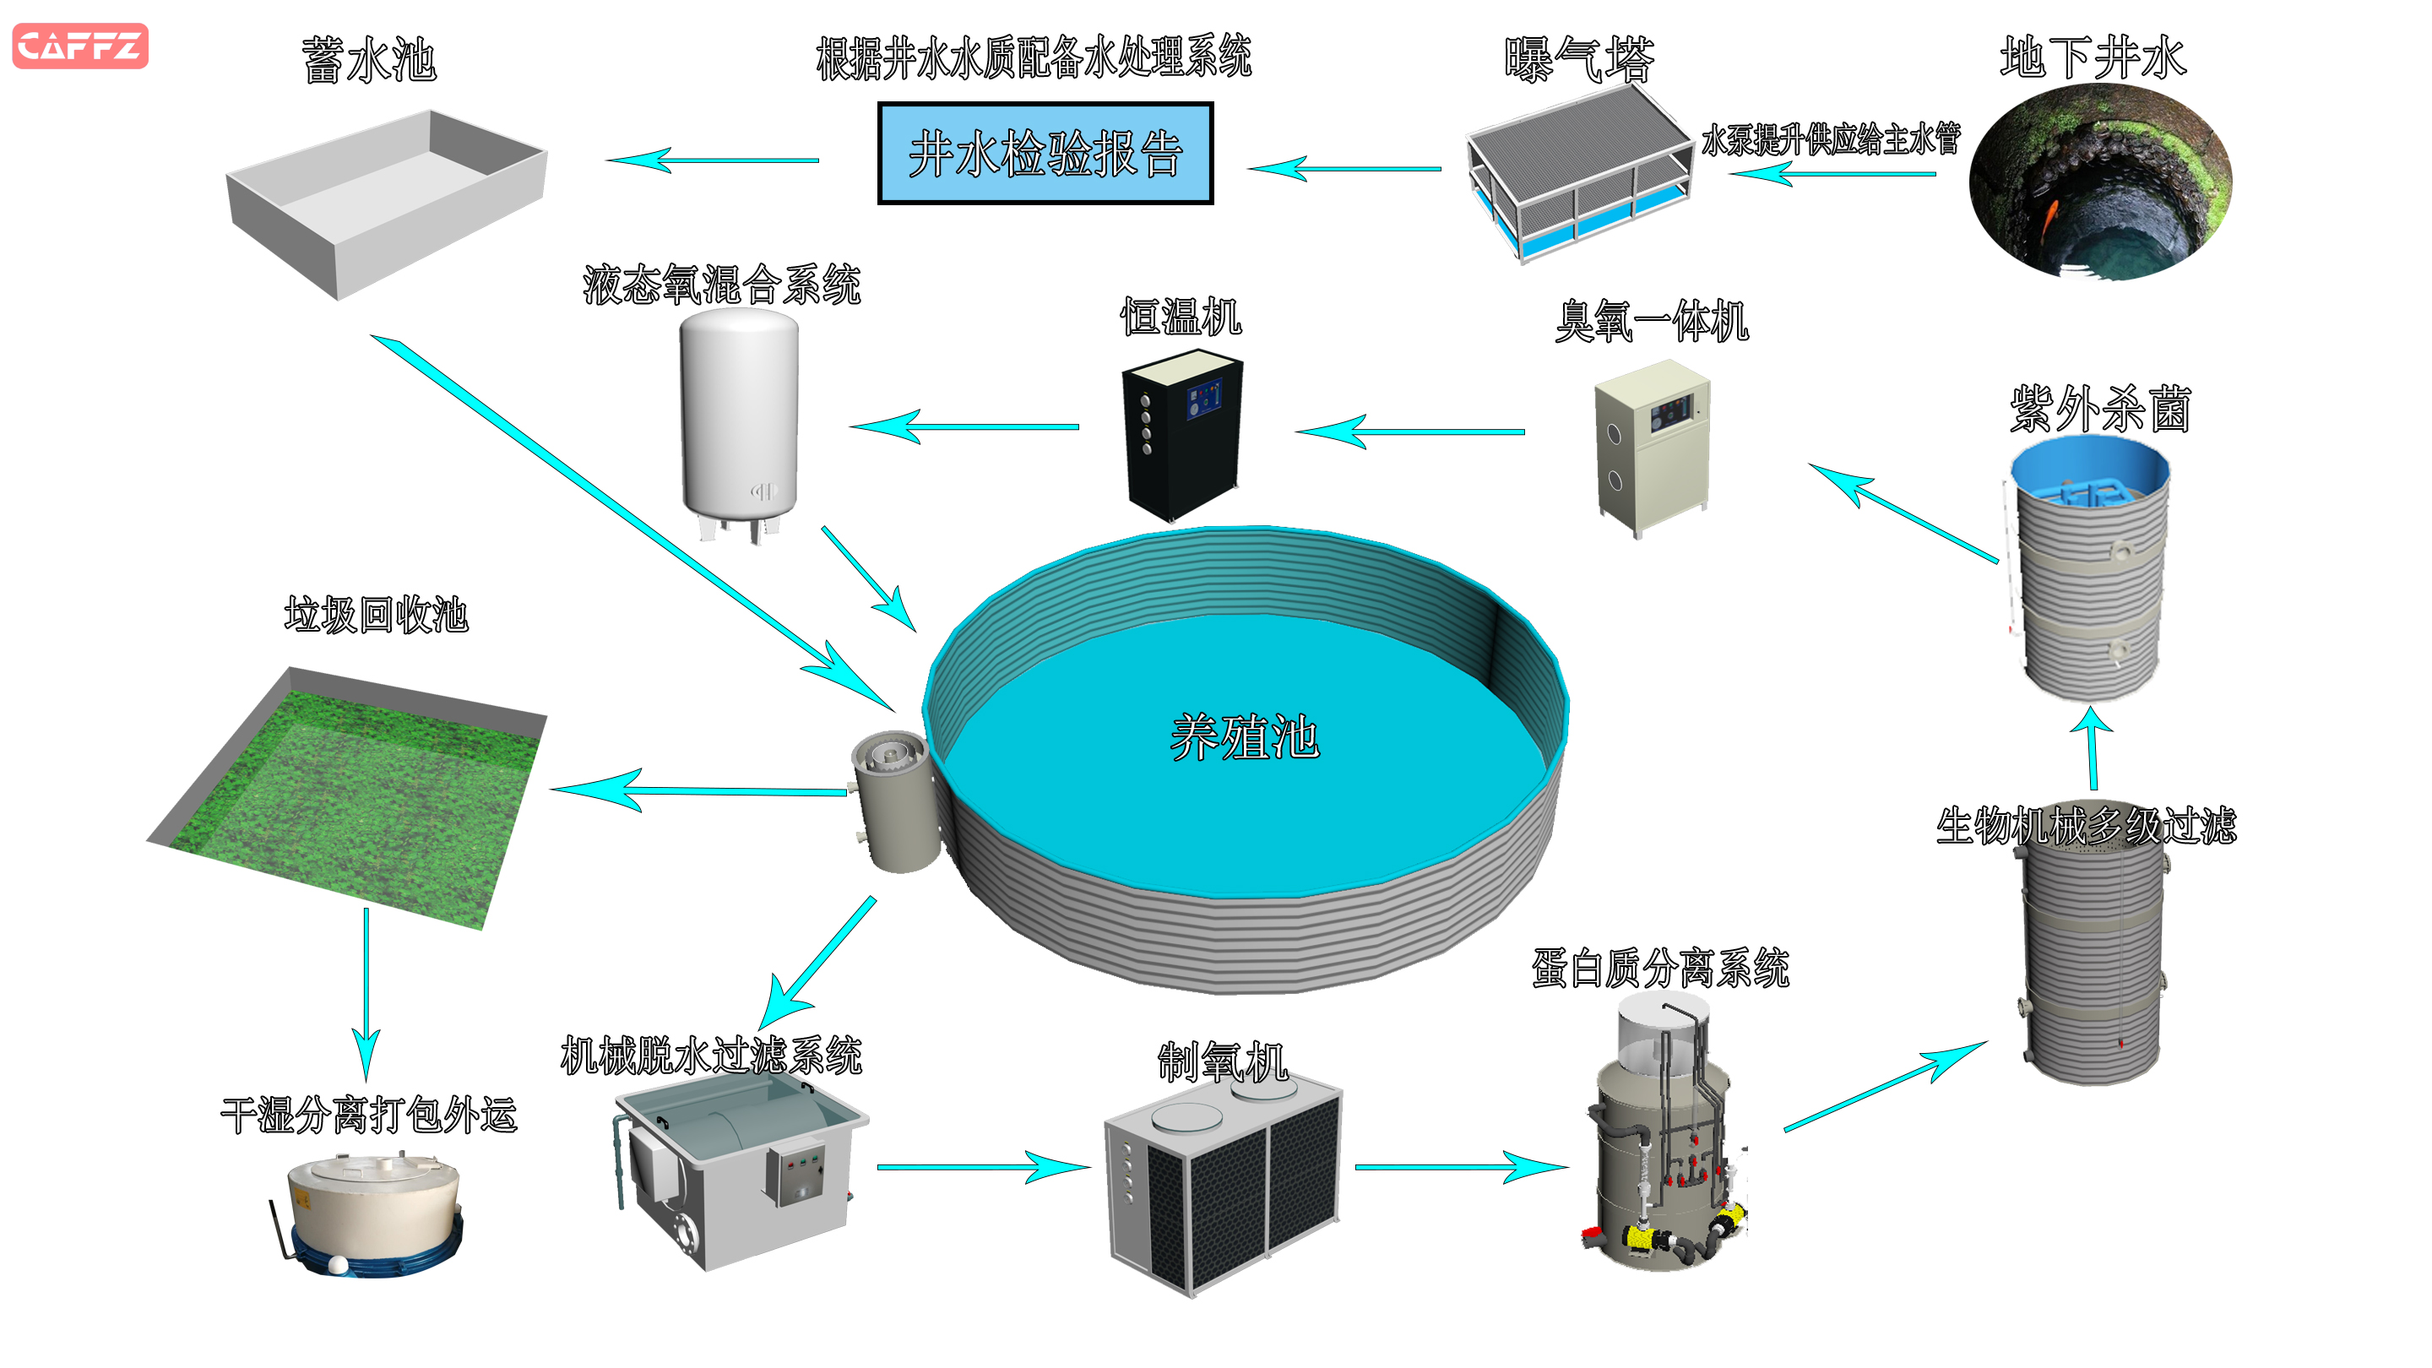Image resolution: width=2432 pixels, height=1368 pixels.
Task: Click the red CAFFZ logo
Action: (80, 46)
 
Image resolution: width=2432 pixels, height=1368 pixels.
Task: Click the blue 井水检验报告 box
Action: (1045, 154)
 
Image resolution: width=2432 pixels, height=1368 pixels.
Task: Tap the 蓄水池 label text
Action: (369, 61)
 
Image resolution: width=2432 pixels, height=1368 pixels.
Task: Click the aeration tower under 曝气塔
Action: (1577, 175)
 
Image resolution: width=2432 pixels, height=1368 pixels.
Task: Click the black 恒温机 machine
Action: (1182, 434)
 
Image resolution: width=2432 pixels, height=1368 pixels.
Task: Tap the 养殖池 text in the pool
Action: (1245, 737)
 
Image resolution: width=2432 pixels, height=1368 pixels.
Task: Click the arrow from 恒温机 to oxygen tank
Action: (963, 426)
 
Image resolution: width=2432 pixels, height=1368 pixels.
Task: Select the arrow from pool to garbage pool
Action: (698, 790)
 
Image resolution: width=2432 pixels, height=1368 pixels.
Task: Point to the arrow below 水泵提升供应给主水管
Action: (1832, 174)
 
